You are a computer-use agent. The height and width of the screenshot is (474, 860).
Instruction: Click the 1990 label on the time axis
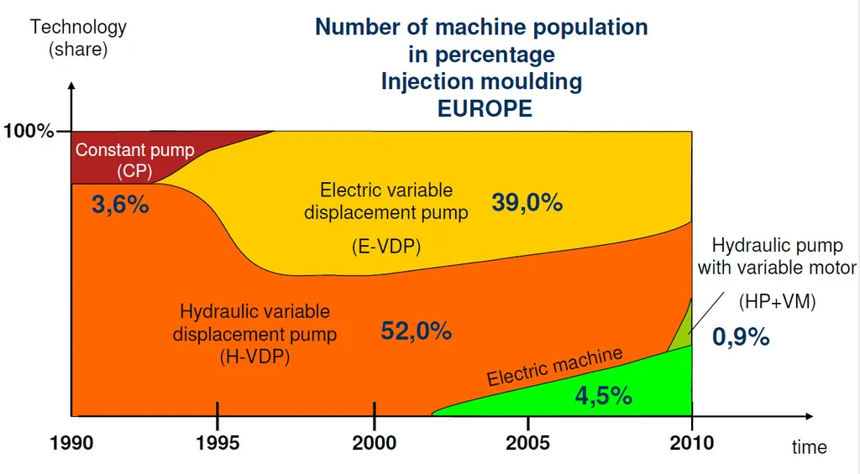point(71,442)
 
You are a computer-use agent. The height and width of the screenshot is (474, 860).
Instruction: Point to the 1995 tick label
point(218,442)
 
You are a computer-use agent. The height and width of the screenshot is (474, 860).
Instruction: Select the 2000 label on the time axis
point(375,442)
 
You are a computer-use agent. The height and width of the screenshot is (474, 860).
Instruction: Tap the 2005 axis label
point(527,442)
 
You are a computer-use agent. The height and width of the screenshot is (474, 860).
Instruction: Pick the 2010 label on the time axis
point(692,442)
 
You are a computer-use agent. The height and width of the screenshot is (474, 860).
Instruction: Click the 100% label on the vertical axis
point(29,131)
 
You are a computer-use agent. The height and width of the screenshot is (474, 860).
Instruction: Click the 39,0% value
point(527,202)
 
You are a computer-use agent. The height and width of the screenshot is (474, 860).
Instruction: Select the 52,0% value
point(417,331)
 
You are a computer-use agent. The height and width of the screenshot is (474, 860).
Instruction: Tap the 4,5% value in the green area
point(603,395)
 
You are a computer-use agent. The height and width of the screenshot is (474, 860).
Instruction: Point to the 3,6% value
point(120,205)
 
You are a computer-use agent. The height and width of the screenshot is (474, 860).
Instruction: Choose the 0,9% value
point(741,336)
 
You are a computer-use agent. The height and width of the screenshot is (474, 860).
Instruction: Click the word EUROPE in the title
point(485,108)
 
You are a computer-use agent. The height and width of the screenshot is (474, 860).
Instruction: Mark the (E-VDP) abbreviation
point(385,247)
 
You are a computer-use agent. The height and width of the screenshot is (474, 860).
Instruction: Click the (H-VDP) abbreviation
point(254,357)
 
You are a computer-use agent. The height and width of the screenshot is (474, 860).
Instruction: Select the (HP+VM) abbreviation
point(777,302)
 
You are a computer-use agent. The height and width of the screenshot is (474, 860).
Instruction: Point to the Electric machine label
point(555,366)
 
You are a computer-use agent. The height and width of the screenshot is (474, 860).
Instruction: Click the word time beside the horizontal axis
point(809,447)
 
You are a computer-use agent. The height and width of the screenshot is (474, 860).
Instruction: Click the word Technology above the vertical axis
point(78,27)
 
